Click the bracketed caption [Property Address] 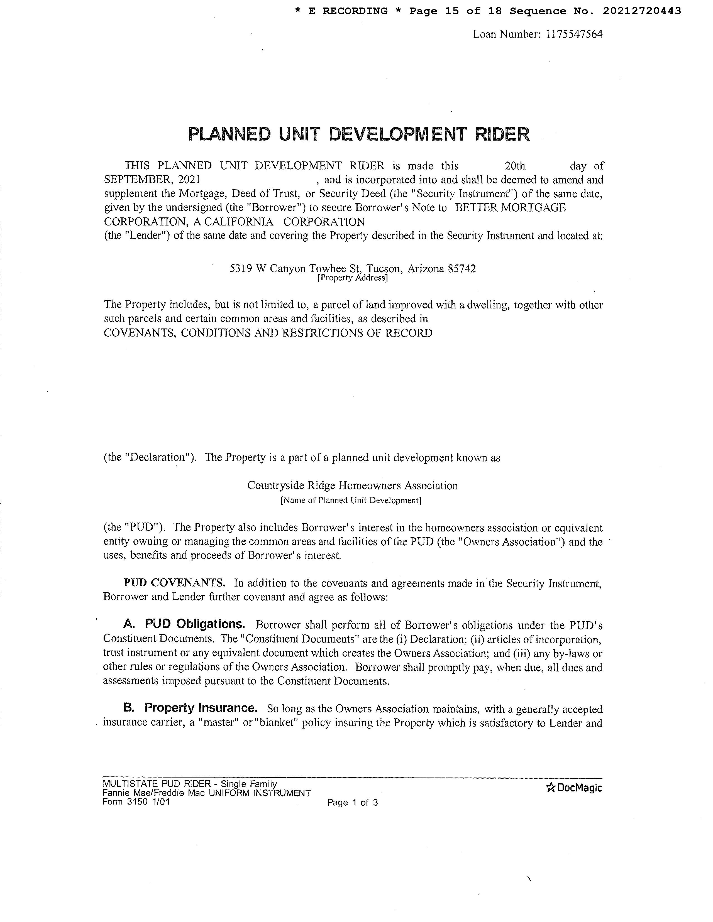tap(352, 278)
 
